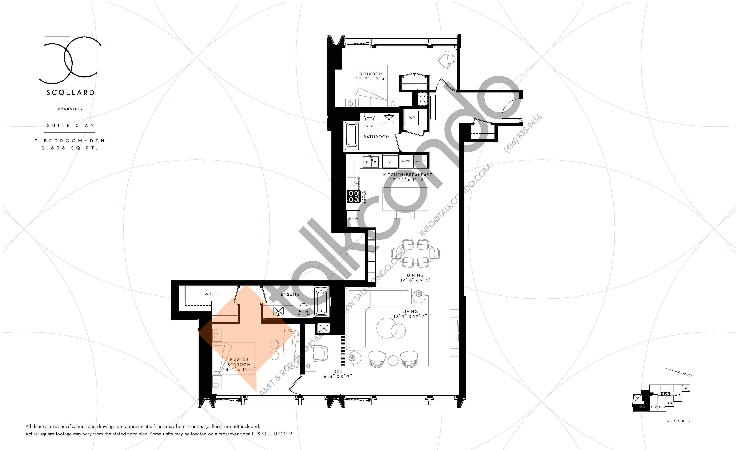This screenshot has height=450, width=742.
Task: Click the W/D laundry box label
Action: (411, 117)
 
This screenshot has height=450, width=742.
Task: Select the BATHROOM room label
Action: (376, 137)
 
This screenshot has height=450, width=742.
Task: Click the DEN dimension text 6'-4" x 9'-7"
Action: (338, 376)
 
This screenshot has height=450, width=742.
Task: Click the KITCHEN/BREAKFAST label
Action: (407, 175)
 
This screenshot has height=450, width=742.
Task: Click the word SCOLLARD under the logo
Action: (70, 93)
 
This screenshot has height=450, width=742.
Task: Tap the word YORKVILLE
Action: (70, 109)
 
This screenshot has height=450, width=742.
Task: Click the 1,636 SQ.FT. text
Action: (70, 148)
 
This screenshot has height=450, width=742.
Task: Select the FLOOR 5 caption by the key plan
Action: (678, 421)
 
